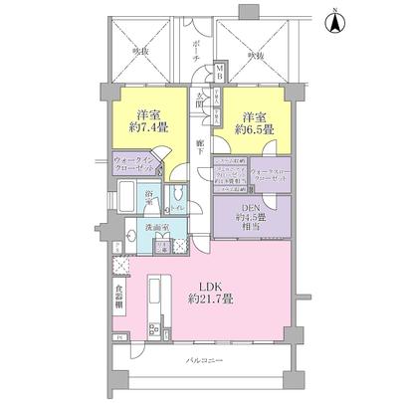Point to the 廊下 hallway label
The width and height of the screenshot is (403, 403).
(200, 145)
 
